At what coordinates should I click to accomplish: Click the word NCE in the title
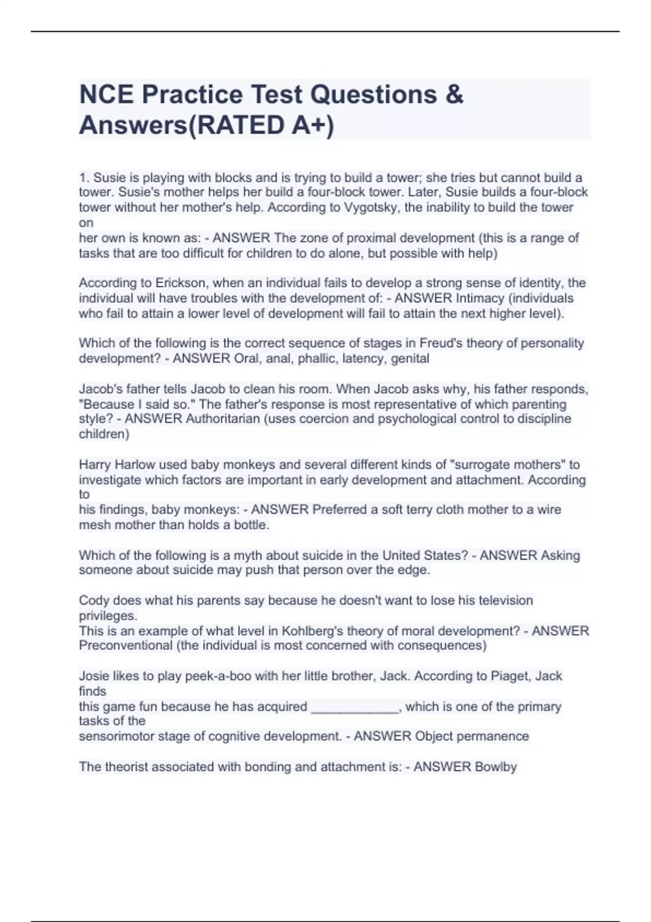[107, 94]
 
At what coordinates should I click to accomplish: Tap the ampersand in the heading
[454, 94]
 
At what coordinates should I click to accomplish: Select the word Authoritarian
[223, 419]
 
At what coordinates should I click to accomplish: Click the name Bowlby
[495, 767]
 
